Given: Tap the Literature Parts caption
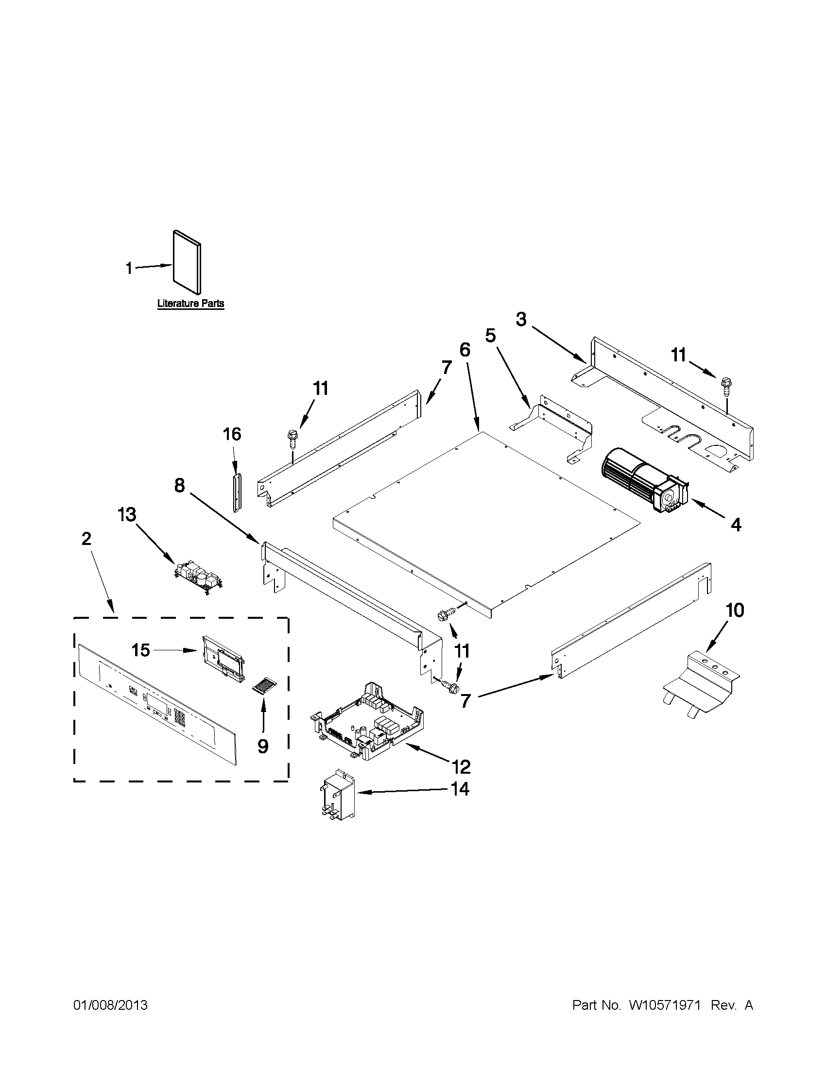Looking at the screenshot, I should (190, 304).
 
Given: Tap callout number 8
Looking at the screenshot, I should (180, 486).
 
